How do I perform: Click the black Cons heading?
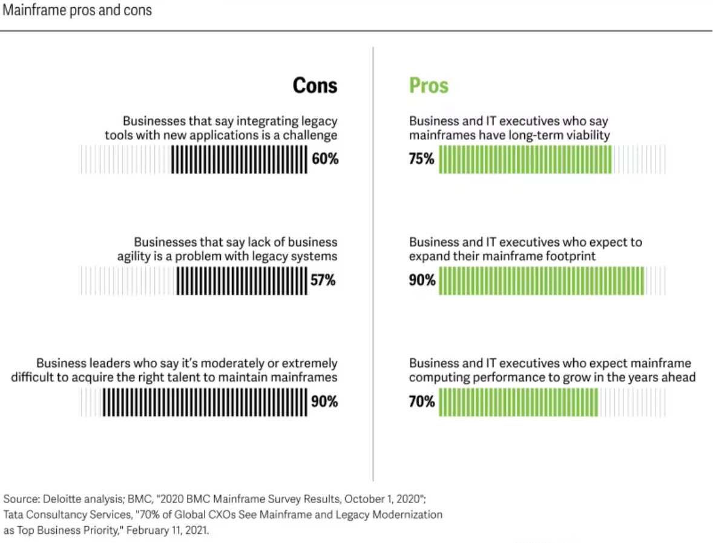[x=315, y=85]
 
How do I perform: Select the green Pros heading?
[x=429, y=85]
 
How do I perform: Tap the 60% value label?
[x=325, y=159]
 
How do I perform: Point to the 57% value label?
[x=323, y=280]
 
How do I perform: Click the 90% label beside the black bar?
[x=324, y=401]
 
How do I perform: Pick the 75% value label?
[x=421, y=159]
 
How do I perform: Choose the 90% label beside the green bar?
[x=422, y=280]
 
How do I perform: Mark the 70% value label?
[x=422, y=401]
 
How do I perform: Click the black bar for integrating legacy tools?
[x=239, y=159]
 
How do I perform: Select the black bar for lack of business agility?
[x=242, y=280]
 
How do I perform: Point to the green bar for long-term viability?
[x=525, y=159]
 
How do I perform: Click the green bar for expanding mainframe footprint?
[x=542, y=280]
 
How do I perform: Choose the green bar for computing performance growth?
[x=519, y=401]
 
